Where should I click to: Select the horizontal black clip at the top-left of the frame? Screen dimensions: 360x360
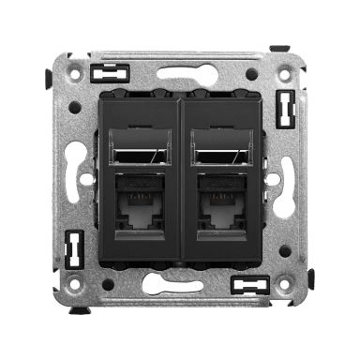[110, 71]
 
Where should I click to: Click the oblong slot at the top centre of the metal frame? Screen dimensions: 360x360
[179, 72]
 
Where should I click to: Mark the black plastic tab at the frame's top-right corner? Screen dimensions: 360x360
[277, 48]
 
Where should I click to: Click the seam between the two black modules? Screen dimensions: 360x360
[180, 178]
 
